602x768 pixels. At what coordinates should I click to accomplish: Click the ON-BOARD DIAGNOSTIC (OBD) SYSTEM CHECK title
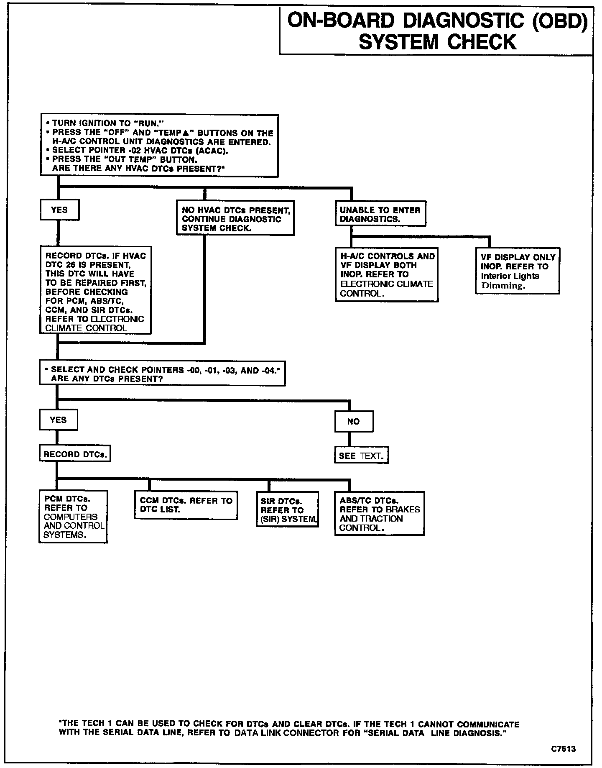click(x=436, y=31)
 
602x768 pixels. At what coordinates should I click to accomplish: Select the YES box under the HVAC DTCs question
click(x=59, y=210)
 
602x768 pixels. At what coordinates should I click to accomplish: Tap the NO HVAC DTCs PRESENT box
click(x=235, y=219)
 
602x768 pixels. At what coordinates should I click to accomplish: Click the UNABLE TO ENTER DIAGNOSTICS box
click(x=380, y=215)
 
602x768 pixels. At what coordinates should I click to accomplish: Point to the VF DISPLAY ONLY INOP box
click(x=518, y=271)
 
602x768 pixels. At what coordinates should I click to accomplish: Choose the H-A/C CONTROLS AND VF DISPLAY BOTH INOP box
click(x=387, y=274)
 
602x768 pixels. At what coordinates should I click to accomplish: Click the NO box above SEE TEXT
click(x=354, y=421)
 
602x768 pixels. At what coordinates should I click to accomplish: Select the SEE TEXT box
click(x=361, y=456)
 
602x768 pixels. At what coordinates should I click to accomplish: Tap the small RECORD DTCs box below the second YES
click(x=75, y=454)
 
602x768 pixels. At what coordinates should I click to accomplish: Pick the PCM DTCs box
click(x=73, y=517)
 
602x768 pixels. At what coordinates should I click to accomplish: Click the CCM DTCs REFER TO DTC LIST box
click(x=186, y=505)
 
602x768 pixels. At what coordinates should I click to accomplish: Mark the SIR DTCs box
click(x=287, y=509)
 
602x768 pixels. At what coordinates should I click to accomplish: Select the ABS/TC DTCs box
click(x=380, y=514)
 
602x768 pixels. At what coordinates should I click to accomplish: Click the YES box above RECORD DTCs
click(x=59, y=420)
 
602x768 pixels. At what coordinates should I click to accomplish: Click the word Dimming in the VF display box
click(x=502, y=286)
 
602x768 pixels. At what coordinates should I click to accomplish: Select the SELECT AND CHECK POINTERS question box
click(x=162, y=374)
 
